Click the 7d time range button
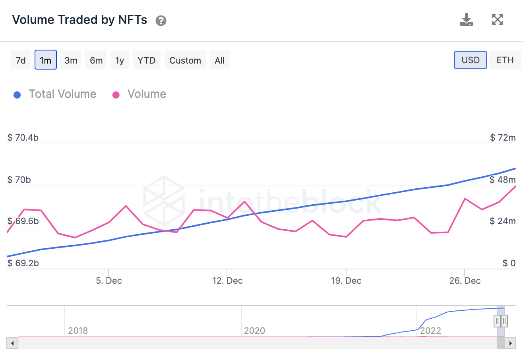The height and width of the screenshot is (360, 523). (x=21, y=60)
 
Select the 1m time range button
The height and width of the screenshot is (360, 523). (x=46, y=60)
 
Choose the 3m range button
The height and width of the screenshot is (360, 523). (x=71, y=60)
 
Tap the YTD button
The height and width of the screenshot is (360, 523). (x=146, y=60)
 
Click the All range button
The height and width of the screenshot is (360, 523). (x=219, y=60)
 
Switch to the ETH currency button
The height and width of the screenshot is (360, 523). (x=505, y=60)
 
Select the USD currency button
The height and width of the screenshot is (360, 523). (x=470, y=60)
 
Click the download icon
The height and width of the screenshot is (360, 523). (x=466, y=19)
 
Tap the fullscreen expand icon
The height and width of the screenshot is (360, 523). (x=498, y=19)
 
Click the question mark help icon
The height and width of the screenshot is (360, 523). (x=161, y=21)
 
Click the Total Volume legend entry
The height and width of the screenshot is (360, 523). (x=62, y=94)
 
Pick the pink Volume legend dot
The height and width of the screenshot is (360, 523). (x=116, y=95)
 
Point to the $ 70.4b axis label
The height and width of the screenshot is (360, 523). (x=23, y=138)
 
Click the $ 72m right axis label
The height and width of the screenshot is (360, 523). (x=502, y=138)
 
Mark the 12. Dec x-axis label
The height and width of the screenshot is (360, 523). (x=227, y=281)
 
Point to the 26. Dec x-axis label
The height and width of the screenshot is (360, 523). (x=465, y=281)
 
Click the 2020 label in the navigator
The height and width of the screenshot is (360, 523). (x=254, y=331)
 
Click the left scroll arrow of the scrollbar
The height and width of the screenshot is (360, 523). (x=12, y=343)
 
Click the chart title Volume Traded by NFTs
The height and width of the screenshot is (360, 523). (x=80, y=20)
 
